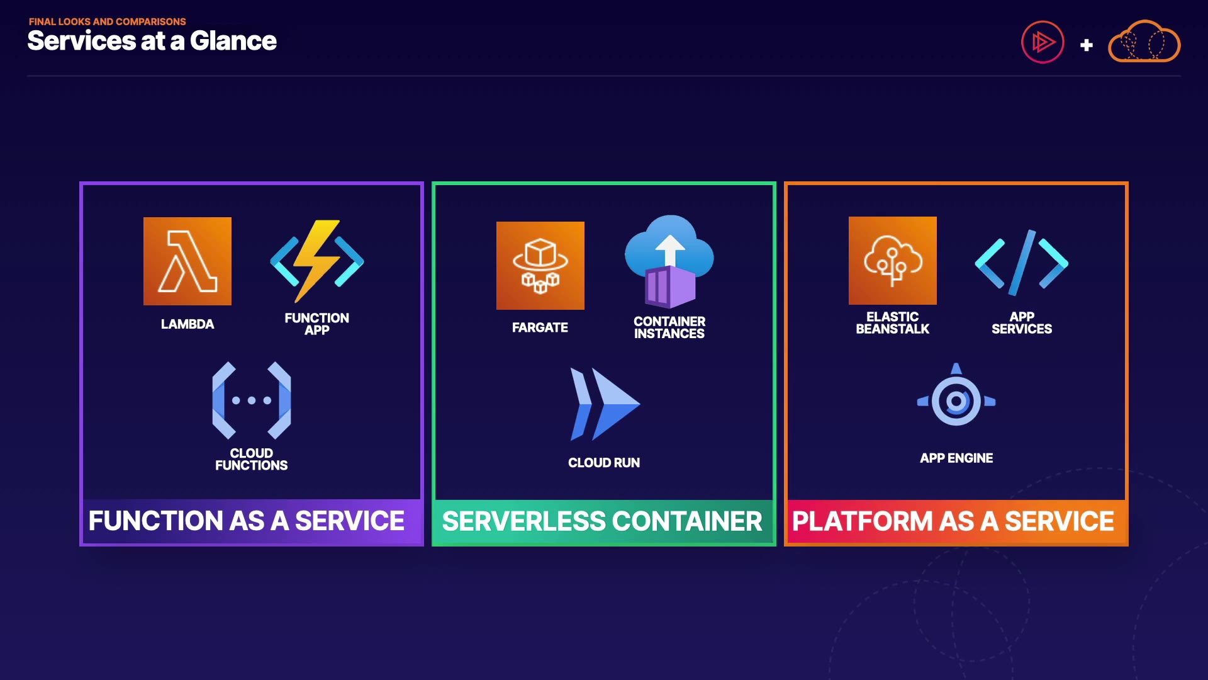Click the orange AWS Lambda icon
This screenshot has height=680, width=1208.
click(x=187, y=261)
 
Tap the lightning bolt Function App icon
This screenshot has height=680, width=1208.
click(x=317, y=261)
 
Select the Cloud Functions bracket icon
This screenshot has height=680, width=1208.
click(x=252, y=400)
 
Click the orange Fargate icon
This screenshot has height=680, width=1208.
click(x=540, y=266)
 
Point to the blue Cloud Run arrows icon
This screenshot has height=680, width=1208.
click(x=604, y=404)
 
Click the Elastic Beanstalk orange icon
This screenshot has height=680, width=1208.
click(x=893, y=261)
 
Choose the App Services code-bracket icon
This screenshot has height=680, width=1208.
click(x=1022, y=263)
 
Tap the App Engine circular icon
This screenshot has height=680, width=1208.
click(x=956, y=399)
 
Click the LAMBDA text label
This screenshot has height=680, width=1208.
click(x=187, y=324)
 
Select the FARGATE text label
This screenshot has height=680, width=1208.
click(x=540, y=327)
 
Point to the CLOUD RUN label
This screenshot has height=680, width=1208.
click(x=604, y=463)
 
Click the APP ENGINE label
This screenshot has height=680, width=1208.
click(x=956, y=458)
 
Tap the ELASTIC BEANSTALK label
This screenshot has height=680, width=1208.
click(x=893, y=323)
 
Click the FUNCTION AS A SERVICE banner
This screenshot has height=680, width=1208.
click(x=247, y=521)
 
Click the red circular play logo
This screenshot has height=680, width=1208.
click(x=1043, y=42)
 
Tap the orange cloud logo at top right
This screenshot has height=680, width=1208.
click(x=1144, y=42)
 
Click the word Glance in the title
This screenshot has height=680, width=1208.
click(x=233, y=41)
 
